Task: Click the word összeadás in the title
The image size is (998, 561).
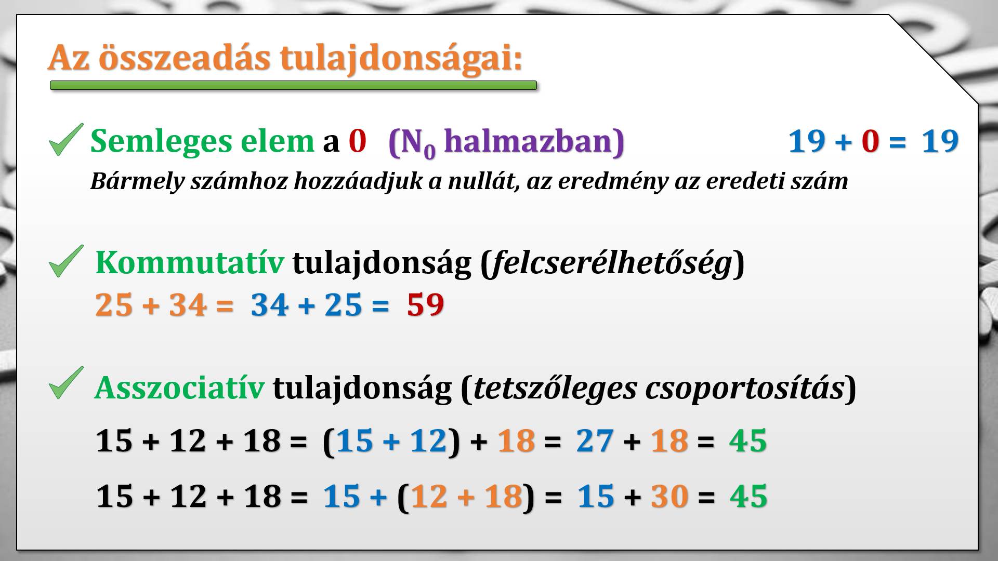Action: [185, 57]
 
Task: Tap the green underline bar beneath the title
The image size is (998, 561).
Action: [293, 85]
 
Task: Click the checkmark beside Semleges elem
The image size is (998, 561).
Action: [66, 139]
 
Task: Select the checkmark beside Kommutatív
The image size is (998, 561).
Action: [66, 261]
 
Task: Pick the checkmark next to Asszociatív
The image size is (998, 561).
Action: [66, 383]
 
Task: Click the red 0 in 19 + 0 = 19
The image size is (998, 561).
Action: [870, 141]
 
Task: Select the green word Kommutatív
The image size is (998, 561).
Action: [190, 262]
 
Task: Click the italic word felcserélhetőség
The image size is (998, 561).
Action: [611, 263]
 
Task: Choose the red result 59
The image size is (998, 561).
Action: [425, 304]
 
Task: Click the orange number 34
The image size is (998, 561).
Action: [187, 304]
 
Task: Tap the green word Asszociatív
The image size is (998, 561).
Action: [179, 388]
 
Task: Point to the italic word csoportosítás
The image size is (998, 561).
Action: [744, 388]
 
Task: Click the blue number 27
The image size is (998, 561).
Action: [595, 441]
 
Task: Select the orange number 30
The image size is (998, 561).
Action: [669, 496]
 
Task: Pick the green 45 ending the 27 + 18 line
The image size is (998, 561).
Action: [748, 441]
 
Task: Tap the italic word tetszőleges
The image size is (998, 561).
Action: [555, 388]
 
